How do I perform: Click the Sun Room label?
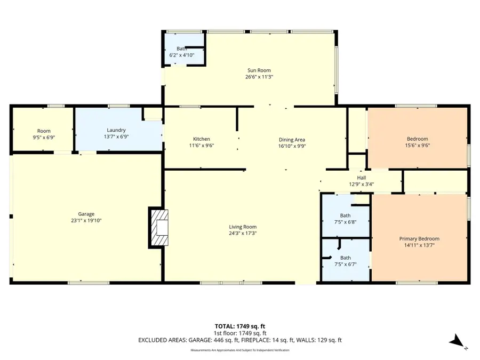pos(258,70)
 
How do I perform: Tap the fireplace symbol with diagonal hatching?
pos(159,227)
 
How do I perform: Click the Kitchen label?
pos(201,139)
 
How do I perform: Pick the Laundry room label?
pos(116,130)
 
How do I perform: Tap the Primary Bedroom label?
pos(419,239)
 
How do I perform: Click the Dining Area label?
pos(291,139)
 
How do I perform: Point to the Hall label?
pos(361,178)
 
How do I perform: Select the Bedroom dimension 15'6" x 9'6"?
pos(418,146)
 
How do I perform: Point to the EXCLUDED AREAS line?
pos(239,340)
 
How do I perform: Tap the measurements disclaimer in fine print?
pos(239,350)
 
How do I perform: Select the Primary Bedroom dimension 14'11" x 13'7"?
pos(419,246)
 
